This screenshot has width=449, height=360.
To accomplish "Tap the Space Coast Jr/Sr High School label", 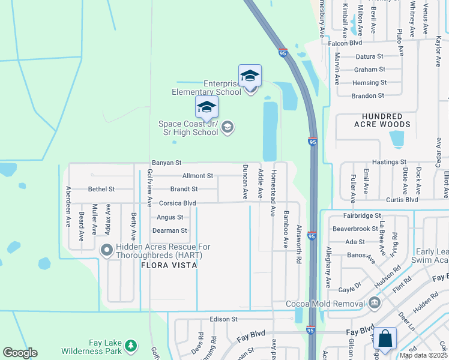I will tap(188, 128).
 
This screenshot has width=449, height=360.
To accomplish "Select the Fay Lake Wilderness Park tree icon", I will tap(130, 346).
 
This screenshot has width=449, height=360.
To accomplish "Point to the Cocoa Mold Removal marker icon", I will tap(375, 302).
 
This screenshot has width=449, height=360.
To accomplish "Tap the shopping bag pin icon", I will tap(385, 339).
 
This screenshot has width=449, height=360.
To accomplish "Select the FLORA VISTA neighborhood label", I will tap(169, 265).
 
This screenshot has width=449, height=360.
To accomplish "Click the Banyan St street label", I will tap(166, 163).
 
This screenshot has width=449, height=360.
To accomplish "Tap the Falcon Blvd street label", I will tap(345, 43).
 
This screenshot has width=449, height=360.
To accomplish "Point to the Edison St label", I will tap(224, 319).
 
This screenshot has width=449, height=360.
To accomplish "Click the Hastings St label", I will tap(389, 162).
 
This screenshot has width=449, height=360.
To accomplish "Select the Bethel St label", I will tap(101, 189).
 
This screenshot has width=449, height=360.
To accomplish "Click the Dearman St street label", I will tap(170, 230).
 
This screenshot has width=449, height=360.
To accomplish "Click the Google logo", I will tap(20, 353).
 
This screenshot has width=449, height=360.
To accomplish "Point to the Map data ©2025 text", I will tap(423, 355).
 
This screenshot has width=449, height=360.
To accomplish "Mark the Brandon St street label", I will tap(367, 95).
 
